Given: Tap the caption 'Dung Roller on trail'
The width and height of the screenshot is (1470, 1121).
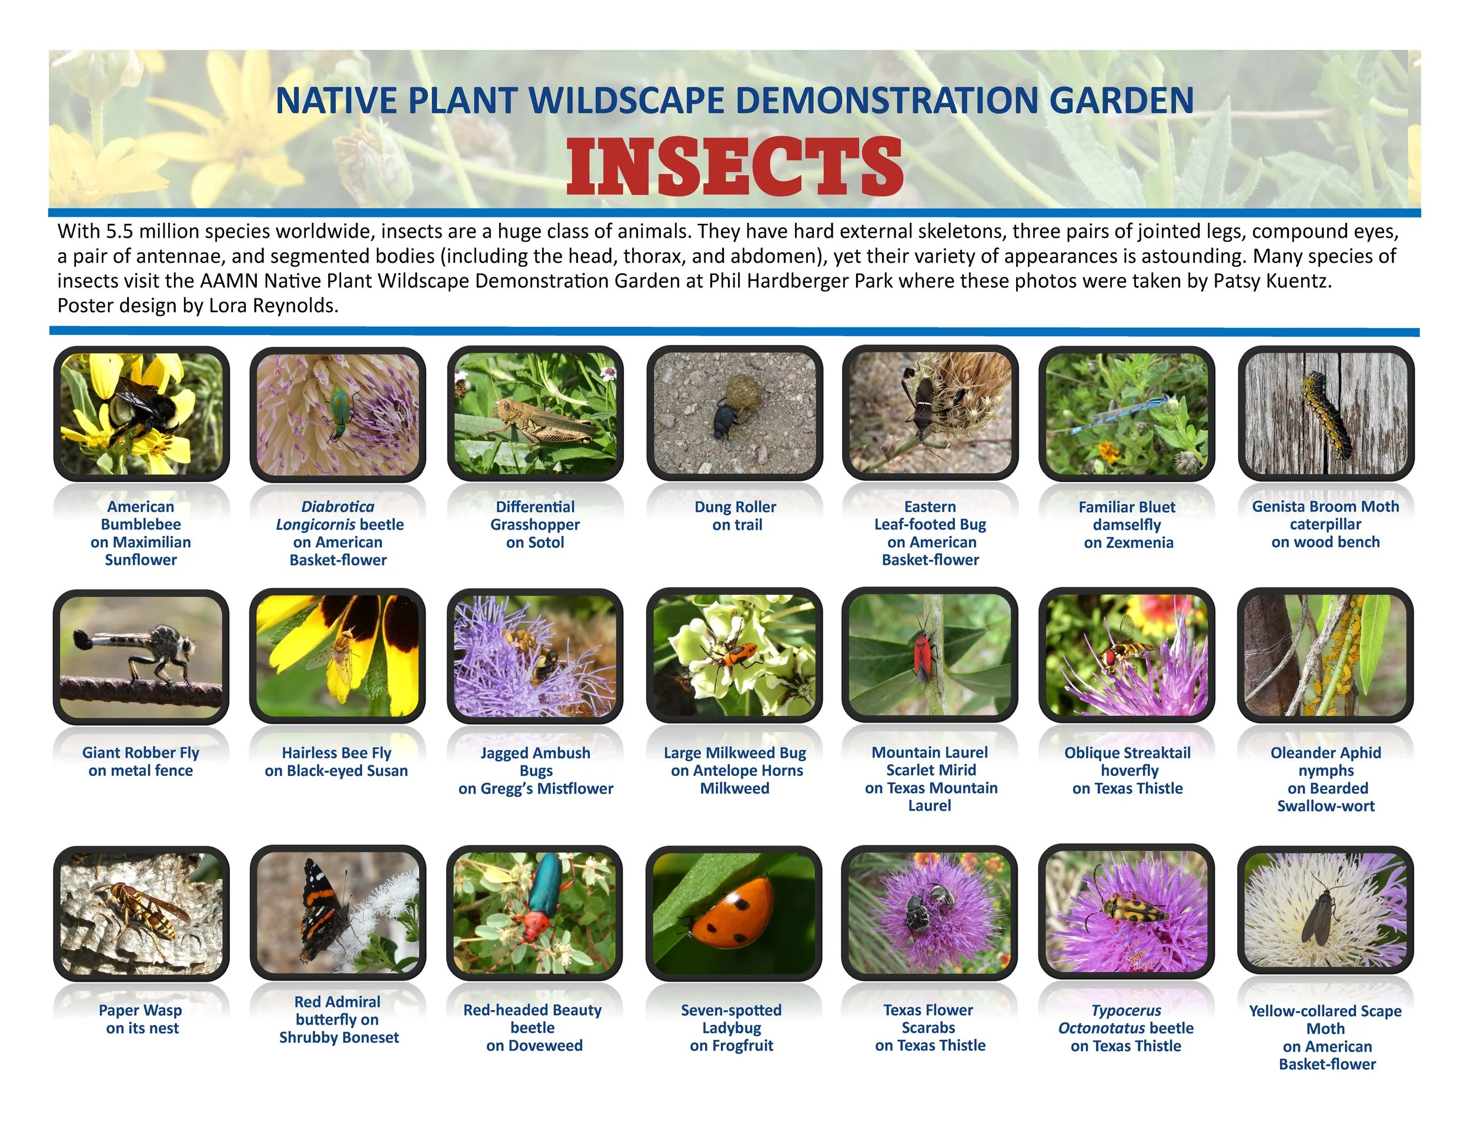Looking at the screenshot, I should tap(736, 516).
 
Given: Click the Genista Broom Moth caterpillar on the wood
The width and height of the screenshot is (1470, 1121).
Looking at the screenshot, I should tap(1327, 411).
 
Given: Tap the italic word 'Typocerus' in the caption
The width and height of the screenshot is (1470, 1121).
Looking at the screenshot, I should tap(1125, 1010).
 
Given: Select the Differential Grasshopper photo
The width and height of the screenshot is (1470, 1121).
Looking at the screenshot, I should tap(535, 413).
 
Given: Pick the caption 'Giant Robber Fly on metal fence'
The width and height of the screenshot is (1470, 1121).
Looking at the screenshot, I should tap(141, 761).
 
